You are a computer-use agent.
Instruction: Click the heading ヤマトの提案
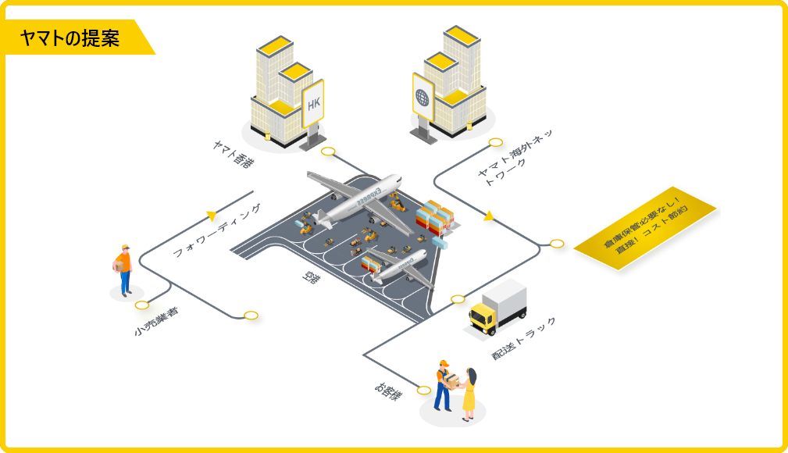(71, 38)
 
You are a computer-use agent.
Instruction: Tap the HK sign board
(313, 103)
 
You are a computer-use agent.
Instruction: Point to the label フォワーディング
(216, 230)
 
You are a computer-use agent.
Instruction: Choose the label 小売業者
(156, 321)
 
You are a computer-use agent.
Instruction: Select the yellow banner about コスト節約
(645, 228)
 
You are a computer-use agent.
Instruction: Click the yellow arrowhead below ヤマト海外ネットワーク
(489, 216)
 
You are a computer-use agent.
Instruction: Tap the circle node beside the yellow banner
(557, 244)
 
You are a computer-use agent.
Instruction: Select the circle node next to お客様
(424, 391)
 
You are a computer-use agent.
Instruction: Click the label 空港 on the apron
(310, 277)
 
